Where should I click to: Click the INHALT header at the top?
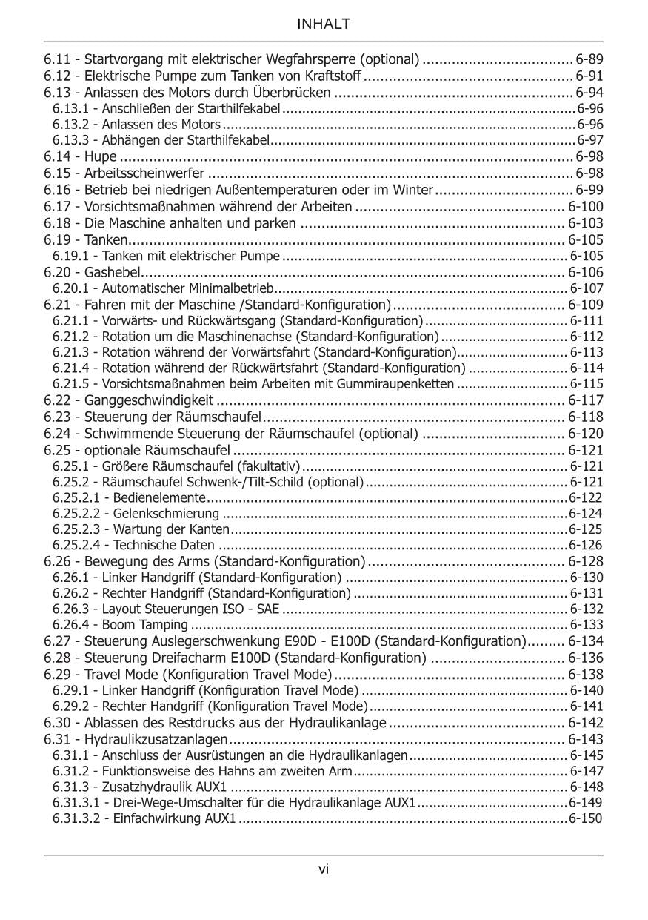click(x=324, y=24)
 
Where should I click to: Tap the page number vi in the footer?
click(x=324, y=870)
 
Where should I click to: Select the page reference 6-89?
click(x=589, y=59)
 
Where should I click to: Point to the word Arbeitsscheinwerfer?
click(x=144, y=173)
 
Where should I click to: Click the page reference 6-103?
click(x=586, y=223)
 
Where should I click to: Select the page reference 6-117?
click(x=586, y=401)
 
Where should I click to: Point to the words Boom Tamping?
click(x=145, y=626)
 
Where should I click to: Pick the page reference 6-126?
click(x=586, y=546)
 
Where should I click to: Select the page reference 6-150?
click(x=586, y=819)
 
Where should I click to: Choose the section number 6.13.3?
click(x=70, y=141)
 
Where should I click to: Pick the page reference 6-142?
click(x=586, y=724)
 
